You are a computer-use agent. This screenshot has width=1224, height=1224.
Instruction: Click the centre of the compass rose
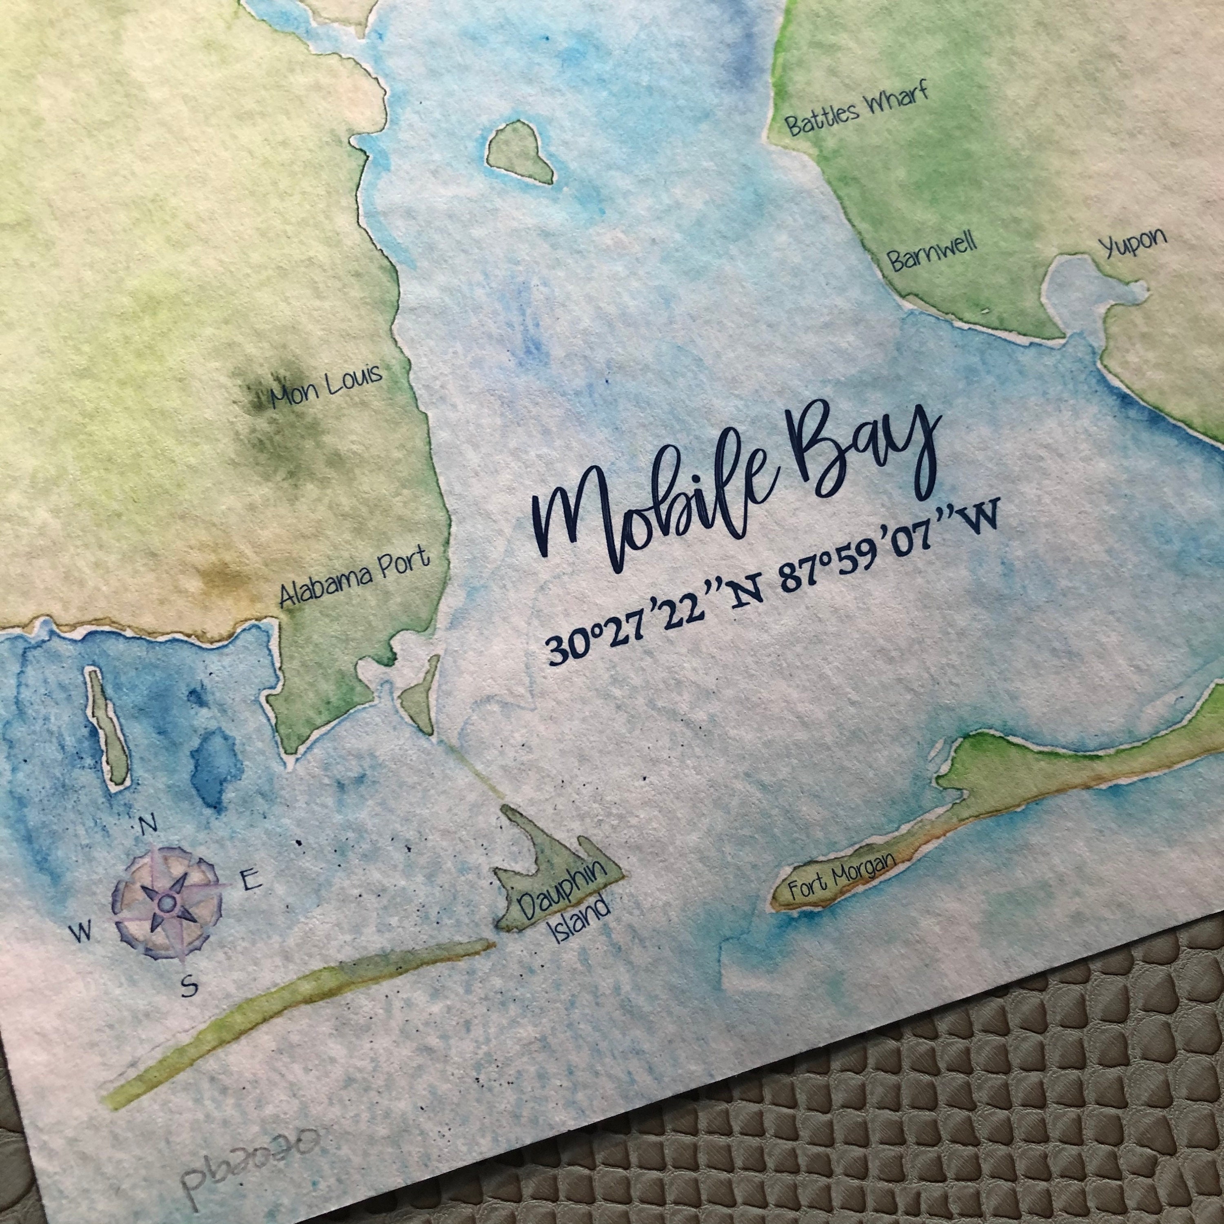coord(166,901)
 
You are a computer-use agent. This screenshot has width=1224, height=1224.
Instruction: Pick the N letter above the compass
coord(148,825)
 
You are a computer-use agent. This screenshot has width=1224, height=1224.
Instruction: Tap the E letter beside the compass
coord(249,879)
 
